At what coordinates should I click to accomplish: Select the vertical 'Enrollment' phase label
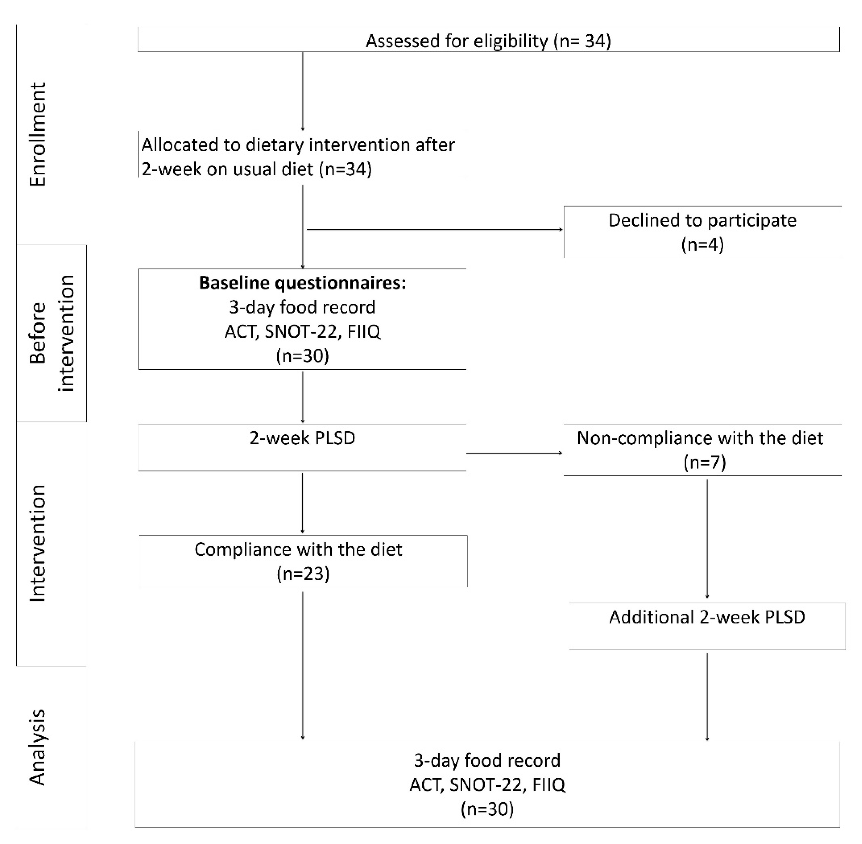[38, 134]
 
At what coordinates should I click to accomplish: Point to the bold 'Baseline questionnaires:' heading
[302, 283]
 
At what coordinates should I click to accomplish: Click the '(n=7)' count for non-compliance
[704, 462]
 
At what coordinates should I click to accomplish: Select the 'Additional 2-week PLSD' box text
[707, 617]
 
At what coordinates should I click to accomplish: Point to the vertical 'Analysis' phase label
[38, 747]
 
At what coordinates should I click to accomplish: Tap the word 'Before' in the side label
[38, 333]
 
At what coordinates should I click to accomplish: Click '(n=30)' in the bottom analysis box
[487, 809]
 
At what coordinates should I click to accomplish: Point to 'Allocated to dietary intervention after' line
[298, 145]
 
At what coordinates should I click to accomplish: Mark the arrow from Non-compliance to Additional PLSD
[707, 538]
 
